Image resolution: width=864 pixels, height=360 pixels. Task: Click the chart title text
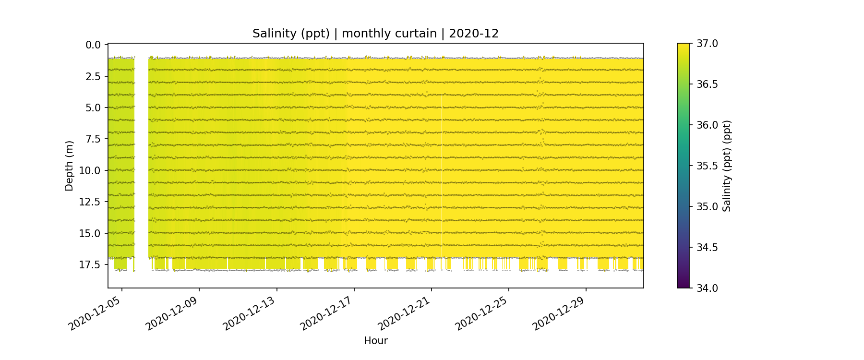(375, 34)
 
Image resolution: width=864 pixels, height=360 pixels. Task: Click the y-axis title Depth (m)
(69, 166)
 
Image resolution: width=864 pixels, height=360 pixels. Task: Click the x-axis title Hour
(375, 341)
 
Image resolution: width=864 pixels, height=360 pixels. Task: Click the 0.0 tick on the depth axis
(93, 45)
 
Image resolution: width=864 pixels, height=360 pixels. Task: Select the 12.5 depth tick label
(90, 202)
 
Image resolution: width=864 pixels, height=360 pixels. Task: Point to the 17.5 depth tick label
(90, 264)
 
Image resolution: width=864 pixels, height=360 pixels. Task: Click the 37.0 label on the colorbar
(707, 44)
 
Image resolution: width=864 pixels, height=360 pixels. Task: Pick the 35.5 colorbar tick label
(707, 166)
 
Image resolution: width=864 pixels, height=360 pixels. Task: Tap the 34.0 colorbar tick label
(707, 288)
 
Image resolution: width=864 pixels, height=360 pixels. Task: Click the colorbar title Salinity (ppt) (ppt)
(727, 166)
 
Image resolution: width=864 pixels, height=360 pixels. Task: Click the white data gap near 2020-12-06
(141, 158)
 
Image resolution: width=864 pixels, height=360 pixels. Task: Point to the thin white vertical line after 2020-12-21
(442, 178)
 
